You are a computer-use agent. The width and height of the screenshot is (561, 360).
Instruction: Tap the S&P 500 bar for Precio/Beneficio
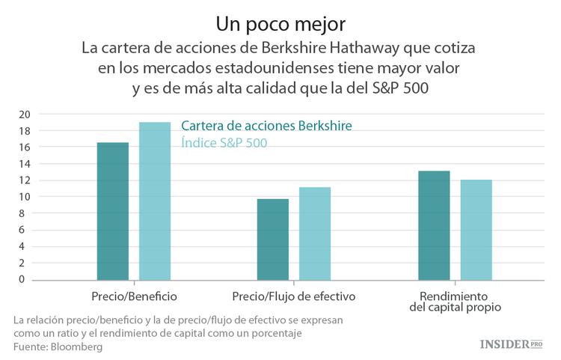pos(155,201)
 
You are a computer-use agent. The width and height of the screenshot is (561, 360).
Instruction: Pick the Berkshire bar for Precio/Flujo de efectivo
pos(273,239)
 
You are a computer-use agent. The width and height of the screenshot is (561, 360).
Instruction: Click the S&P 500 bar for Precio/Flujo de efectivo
pos(315,234)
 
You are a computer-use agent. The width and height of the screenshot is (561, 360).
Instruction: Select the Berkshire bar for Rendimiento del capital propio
pos(434,225)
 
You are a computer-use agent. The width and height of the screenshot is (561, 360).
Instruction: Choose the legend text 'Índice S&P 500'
pos(224,142)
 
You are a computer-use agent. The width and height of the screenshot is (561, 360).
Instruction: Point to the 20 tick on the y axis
pos(25,115)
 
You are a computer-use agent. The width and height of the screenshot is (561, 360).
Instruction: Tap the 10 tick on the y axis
pos(25,197)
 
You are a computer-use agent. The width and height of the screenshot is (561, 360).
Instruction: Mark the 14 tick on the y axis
pos(25,164)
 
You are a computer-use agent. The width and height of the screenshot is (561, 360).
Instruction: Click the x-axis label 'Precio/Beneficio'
pos(134,296)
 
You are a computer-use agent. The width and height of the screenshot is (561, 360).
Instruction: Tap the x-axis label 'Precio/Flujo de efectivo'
pos(294,296)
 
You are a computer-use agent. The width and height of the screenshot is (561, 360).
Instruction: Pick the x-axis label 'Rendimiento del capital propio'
pos(455,301)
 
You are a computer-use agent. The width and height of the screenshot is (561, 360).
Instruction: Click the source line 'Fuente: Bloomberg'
pos(58,347)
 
